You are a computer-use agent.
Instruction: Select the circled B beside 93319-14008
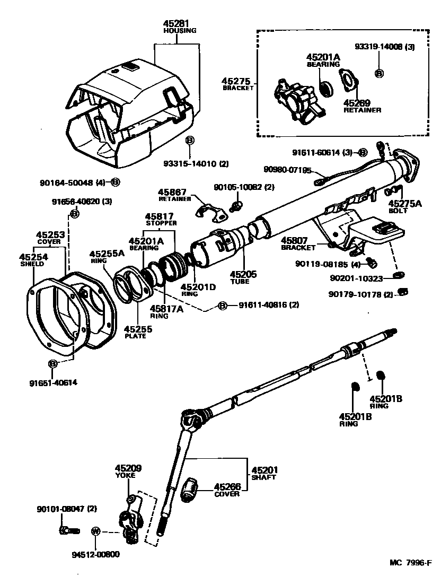tap(378, 74)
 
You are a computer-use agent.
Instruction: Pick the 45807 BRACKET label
tap(297, 243)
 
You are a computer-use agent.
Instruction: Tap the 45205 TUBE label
tap(243, 277)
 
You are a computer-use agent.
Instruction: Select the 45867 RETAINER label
tap(171, 195)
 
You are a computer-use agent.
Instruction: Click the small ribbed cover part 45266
tap(190, 488)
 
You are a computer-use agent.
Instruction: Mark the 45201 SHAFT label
tap(263, 473)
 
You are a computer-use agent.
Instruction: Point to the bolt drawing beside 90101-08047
tap(69, 530)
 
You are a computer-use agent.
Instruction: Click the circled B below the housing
tap(190, 140)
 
